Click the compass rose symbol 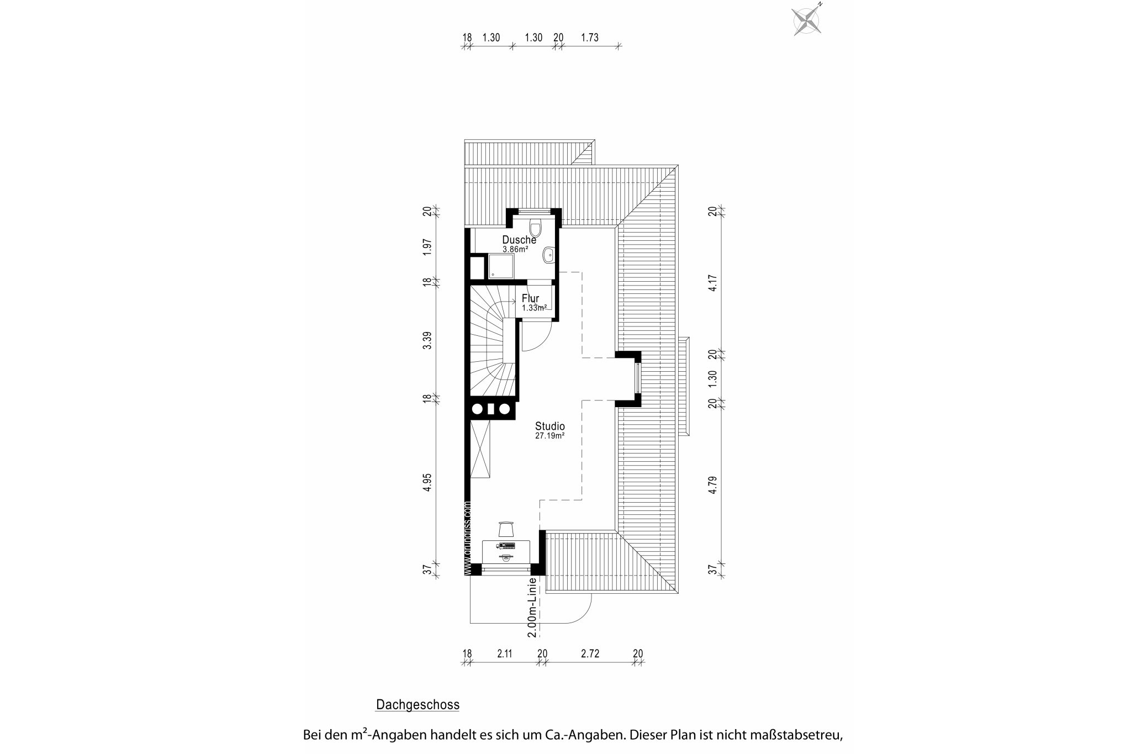pyautogui.click(x=807, y=21)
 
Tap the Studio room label pyautogui.click(x=549, y=426)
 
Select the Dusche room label pyautogui.click(x=519, y=240)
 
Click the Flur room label pyautogui.click(x=530, y=299)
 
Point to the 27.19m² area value pyautogui.click(x=549, y=436)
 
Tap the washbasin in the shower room pyautogui.click(x=549, y=255)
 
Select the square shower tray pyautogui.click(x=500, y=267)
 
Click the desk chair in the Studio pyautogui.click(x=506, y=529)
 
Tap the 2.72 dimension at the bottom pyautogui.click(x=590, y=654)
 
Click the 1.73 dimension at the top pyautogui.click(x=590, y=38)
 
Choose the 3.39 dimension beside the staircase pyautogui.click(x=427, y=340)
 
